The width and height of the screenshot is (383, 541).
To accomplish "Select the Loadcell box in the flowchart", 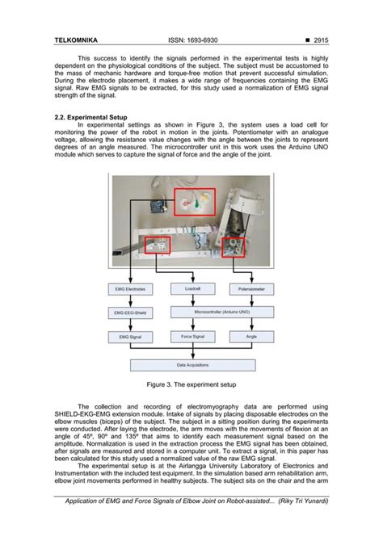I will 192,287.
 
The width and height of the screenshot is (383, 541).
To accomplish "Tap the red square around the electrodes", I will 196,200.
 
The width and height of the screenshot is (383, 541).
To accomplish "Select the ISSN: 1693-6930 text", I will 192,40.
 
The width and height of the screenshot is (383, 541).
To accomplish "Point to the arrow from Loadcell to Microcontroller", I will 192,300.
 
